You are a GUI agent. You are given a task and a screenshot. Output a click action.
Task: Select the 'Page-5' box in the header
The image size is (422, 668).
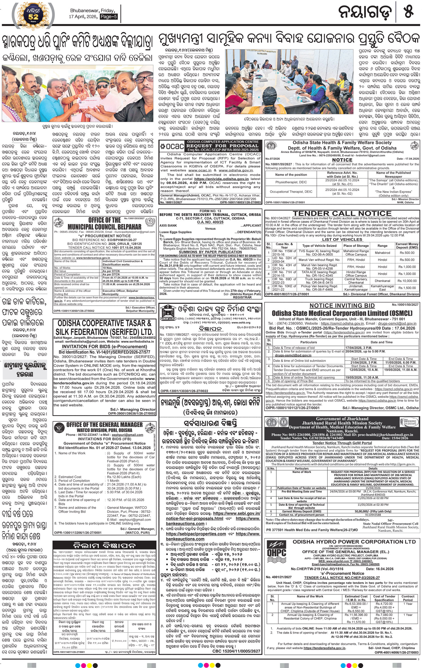point(109,17)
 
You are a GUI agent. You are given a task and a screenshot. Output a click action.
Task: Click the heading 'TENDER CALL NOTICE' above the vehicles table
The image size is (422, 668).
point(342,213)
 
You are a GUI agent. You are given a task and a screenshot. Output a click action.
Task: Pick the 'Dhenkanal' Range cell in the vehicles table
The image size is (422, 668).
point(382,281)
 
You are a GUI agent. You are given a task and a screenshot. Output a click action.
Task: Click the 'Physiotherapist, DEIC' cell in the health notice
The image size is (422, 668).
point(291,182)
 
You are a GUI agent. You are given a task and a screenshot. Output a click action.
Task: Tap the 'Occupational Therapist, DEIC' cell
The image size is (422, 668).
point(291,192)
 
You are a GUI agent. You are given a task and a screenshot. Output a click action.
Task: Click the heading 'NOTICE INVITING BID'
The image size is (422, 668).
point(342,306)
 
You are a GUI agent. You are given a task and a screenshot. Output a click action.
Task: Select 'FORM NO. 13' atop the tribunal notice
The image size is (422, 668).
point(210,211)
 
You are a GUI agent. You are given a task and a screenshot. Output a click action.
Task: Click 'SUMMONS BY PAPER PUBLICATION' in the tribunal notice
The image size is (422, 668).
point(210,252)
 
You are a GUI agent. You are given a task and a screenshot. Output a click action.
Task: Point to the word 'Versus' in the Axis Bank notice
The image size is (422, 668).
point(210,229)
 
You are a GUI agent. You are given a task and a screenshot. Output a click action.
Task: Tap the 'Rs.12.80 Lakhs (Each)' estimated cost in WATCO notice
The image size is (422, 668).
point(124,477)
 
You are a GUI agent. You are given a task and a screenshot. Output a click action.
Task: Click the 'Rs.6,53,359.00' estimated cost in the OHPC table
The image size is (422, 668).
point(356,604)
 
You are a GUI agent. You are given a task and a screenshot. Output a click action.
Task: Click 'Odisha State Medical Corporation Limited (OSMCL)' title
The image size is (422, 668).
point(342,313)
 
